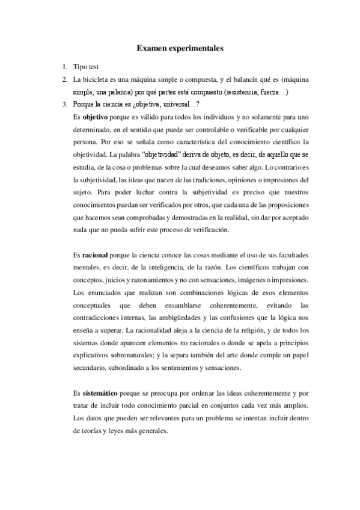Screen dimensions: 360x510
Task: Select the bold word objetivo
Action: [x=94, y=116]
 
